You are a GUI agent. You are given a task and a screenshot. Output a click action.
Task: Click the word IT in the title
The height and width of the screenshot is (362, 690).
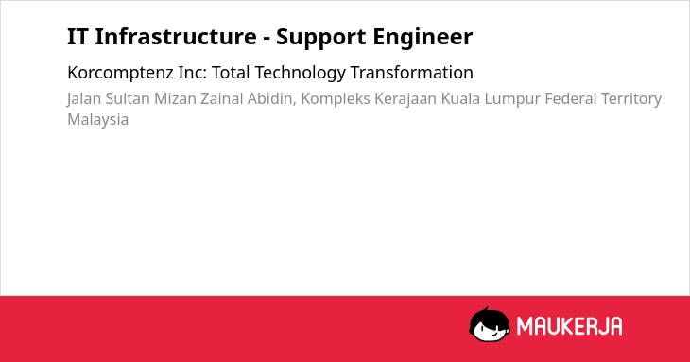point(78,37)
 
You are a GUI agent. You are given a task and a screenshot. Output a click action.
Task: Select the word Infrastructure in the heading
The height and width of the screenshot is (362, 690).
point(176,37)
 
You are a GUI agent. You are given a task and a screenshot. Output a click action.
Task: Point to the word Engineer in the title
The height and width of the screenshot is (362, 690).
point(423,38)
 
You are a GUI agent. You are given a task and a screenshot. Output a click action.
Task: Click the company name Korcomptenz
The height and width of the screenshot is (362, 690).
point(121,73)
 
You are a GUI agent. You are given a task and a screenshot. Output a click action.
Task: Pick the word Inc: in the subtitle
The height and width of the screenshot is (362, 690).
point(192,73)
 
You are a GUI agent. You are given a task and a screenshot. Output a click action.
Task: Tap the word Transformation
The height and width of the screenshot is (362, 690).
point(412,73)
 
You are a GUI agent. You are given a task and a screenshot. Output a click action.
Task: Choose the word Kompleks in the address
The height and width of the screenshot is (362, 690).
point(336,99)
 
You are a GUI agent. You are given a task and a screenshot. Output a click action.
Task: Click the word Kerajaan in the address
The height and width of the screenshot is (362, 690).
point(405,99)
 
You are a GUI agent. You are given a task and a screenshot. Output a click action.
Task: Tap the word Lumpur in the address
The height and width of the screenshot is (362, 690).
point(512,99)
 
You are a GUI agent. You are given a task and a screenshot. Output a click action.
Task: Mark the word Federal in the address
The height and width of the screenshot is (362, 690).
point(570,98)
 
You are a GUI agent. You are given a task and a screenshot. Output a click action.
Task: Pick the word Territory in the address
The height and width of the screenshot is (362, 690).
point(631,99)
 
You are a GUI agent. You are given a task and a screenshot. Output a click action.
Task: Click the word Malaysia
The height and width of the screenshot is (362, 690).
point(98,120)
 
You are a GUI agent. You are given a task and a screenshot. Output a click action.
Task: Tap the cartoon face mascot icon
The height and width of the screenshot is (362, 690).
point(490,324)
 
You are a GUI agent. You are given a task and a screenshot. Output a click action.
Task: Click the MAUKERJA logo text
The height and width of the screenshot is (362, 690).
point(569,326)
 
